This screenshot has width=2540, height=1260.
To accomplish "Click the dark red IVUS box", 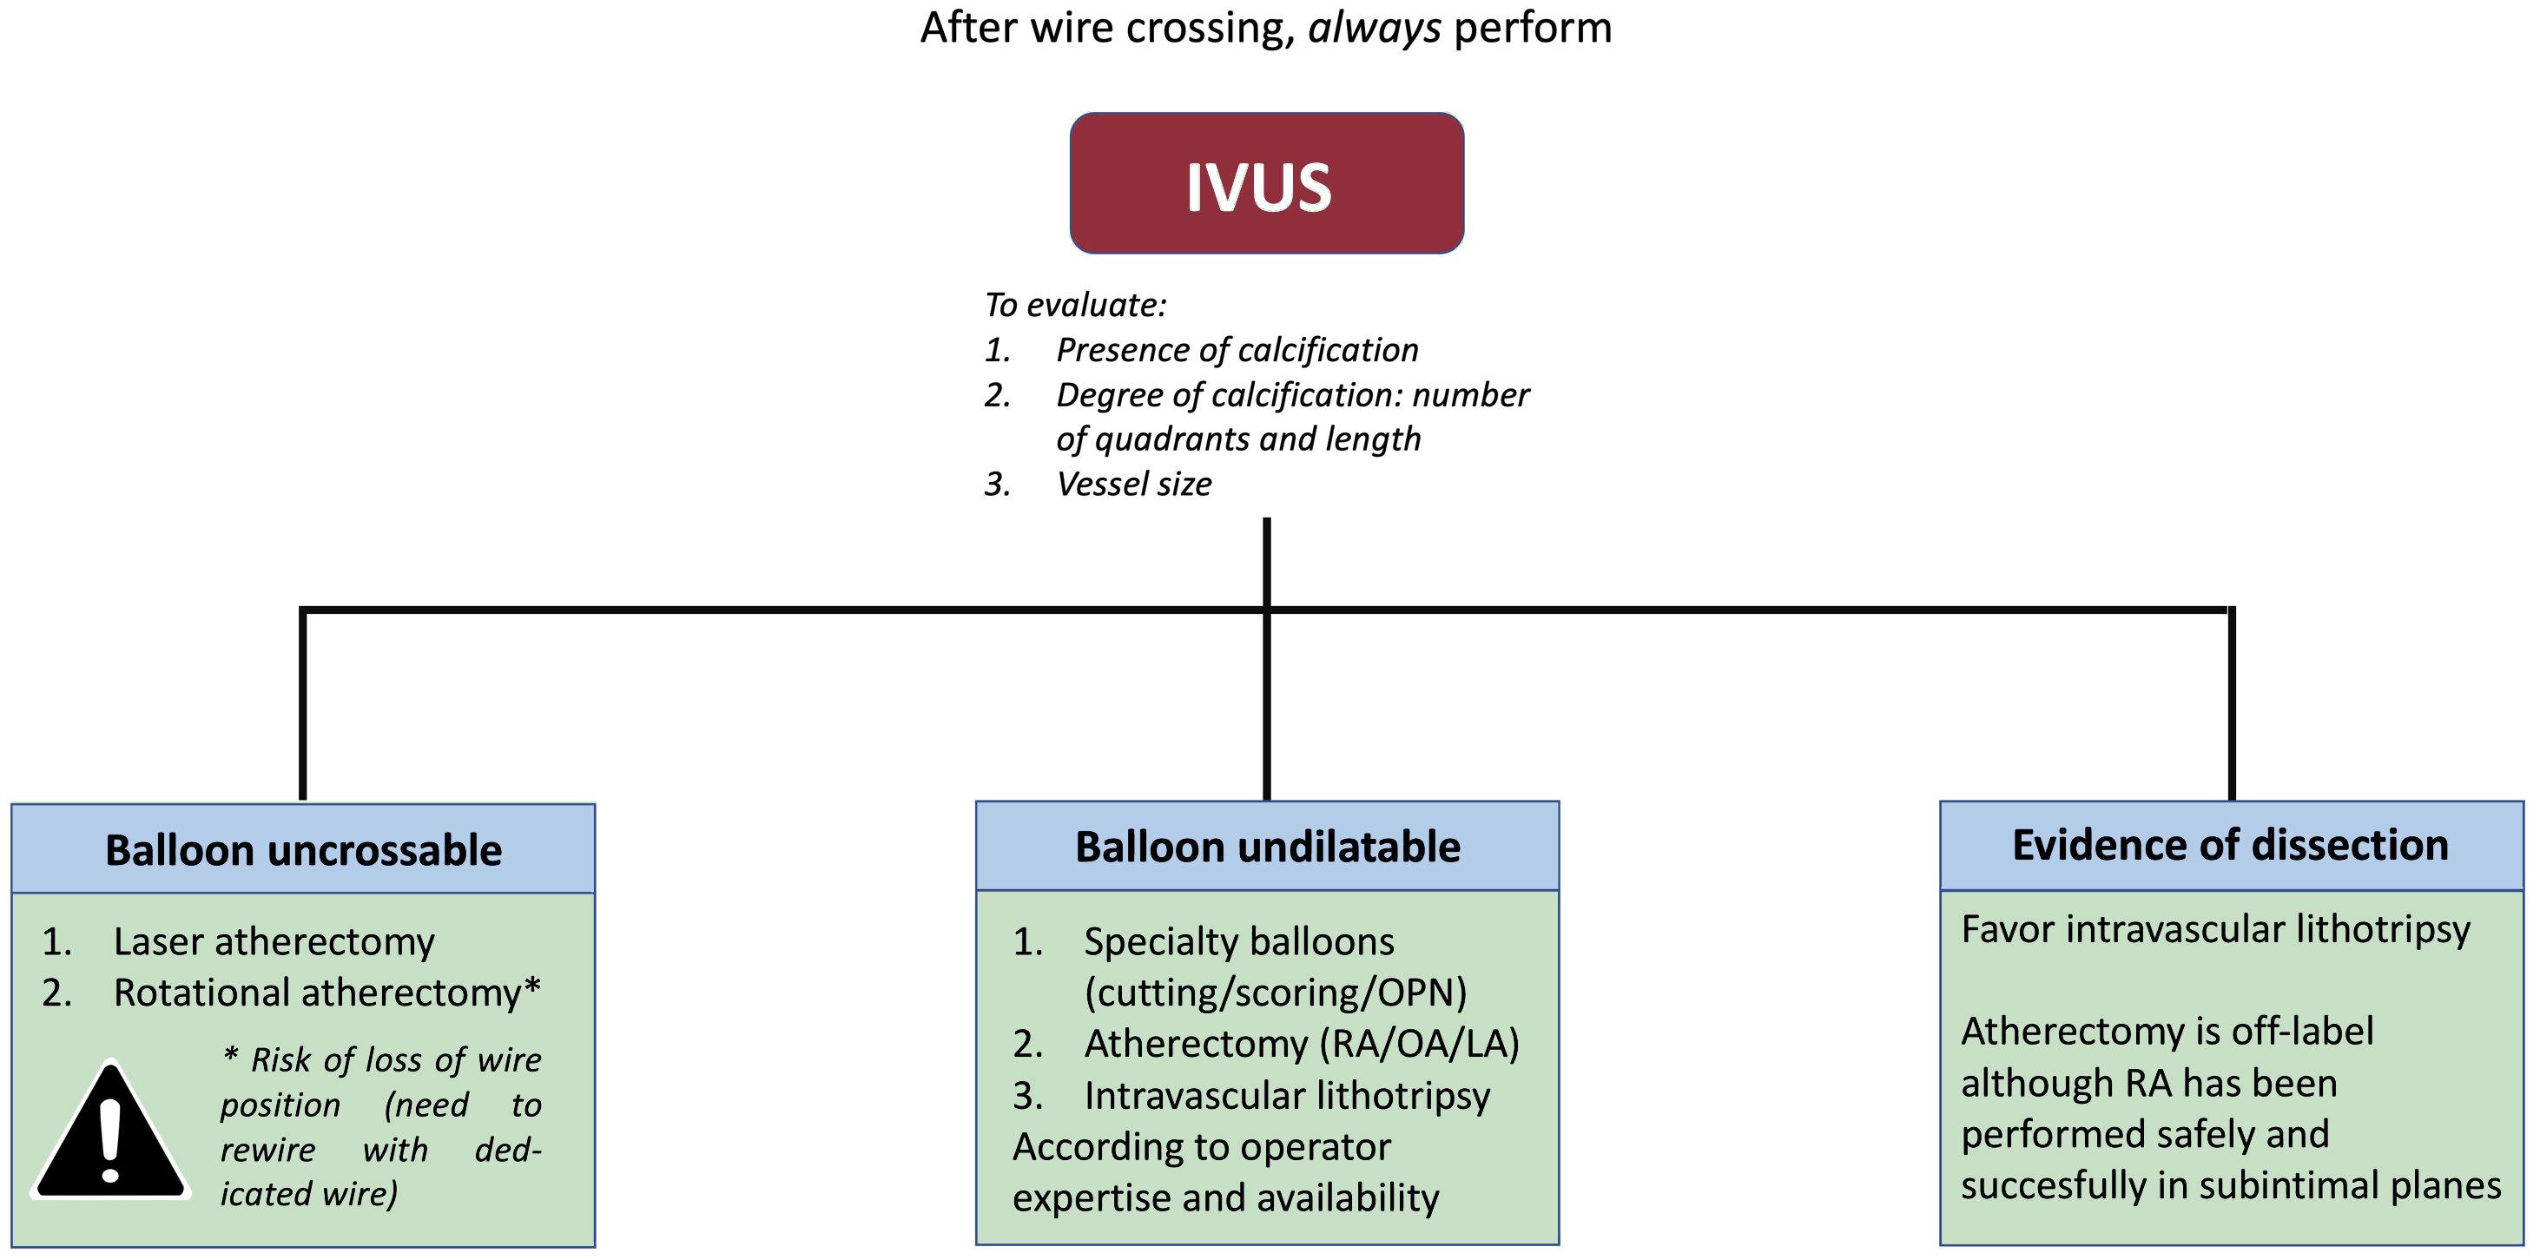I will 1266,183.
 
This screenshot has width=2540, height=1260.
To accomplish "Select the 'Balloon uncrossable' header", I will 303,850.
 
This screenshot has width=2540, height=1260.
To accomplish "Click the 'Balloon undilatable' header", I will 1267,847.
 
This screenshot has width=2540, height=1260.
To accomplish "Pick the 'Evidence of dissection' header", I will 2230,845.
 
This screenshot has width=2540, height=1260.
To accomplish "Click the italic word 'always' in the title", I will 1374,28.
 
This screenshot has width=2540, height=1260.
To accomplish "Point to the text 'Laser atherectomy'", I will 274,941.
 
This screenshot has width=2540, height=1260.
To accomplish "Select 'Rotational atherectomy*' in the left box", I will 327,993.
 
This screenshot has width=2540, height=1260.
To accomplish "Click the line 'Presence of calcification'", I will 1237,350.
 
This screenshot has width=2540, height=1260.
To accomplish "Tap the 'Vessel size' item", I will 1133,484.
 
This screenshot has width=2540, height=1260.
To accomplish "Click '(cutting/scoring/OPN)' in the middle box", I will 1275,993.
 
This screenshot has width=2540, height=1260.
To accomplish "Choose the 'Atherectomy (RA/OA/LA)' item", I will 1302,1043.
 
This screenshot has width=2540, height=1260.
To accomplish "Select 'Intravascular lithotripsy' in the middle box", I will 1287,1095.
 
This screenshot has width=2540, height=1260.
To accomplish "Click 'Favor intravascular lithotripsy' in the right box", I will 2214,929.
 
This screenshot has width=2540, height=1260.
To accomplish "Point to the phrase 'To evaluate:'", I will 1075,305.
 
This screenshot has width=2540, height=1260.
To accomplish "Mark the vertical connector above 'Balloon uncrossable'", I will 303,705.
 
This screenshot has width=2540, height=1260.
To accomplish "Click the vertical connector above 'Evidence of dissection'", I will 2232,705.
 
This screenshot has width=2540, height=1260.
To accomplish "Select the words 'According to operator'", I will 1201,1146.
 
